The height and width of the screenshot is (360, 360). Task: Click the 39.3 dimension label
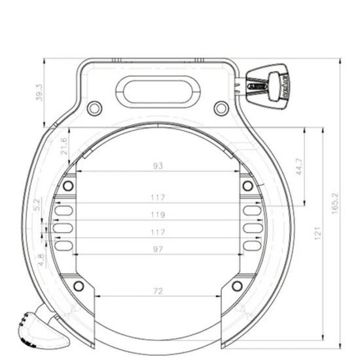(39, 92)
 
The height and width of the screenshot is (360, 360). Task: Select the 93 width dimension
(157, 166)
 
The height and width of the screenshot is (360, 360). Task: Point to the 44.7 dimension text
(298, 166)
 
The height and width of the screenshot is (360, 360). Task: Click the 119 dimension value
(157, 215)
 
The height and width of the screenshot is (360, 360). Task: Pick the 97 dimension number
(157, 249)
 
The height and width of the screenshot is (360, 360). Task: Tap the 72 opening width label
(157, 291)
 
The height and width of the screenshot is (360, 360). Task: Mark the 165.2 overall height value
(335, 203)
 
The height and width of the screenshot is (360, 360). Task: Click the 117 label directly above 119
(157, 197)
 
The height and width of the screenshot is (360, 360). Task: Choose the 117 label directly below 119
(157, 232)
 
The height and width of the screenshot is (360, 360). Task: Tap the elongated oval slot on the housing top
(158, 92)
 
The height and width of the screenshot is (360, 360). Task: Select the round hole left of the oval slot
(95, 107)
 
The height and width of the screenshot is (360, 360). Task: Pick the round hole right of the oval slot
(221, 107)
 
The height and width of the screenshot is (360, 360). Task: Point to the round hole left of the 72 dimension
(79, 285)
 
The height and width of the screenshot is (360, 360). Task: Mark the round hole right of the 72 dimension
(237, 285)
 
